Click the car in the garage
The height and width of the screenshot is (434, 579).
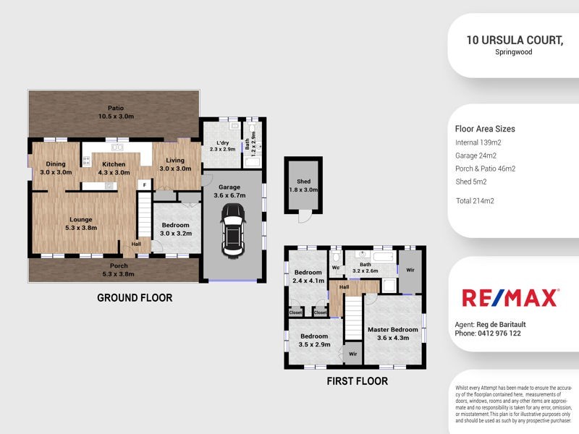pyautogui.click(x=232, y=229)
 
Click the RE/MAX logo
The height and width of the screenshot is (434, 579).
pyautogui.click(x=510, y=297)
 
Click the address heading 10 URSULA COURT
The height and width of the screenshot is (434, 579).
pyautogui.click(x=515, y=41)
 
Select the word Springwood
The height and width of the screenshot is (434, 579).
pyautogui.click(x=515, y=53)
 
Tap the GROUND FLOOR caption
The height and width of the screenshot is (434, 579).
pyautogui.click(x=135, y=297)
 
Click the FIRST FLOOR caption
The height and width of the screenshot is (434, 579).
pyautogui.click(x=357, y=380)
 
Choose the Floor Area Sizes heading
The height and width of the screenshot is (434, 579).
pyautogui.click(x=485, y=129)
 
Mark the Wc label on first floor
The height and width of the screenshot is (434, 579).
pyautogui.click(x=335, y=267)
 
